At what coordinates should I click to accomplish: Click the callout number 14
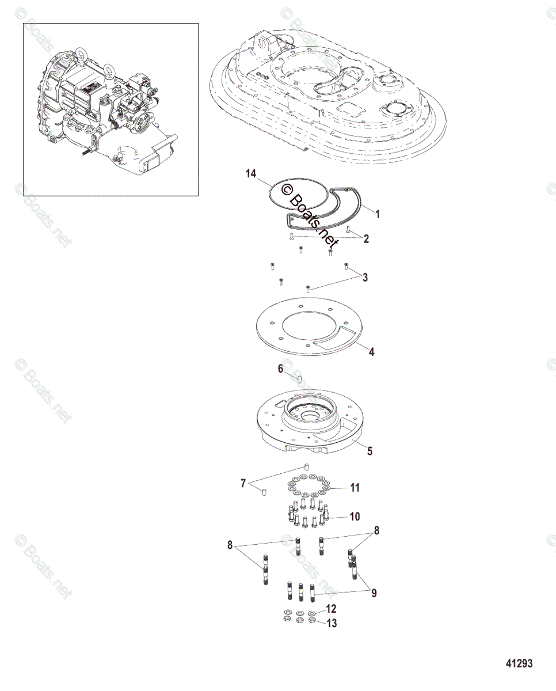(x=251, y=174)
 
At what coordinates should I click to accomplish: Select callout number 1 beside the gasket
(x=378, y=214)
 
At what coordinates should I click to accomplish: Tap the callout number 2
(x=366, y=239)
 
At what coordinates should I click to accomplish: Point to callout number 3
(x=365, y=278)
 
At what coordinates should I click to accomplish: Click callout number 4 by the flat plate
(x=371, y=352)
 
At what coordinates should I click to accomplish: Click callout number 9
(x=374, y=593)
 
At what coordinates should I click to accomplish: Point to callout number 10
(x=355, y=526)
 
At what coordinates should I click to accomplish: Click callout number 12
(x=331, y=609)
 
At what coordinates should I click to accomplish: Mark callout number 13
(x=332, y=623)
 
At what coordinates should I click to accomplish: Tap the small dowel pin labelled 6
(x=299, y=379)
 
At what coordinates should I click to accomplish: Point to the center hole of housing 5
(x=309, y=416)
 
